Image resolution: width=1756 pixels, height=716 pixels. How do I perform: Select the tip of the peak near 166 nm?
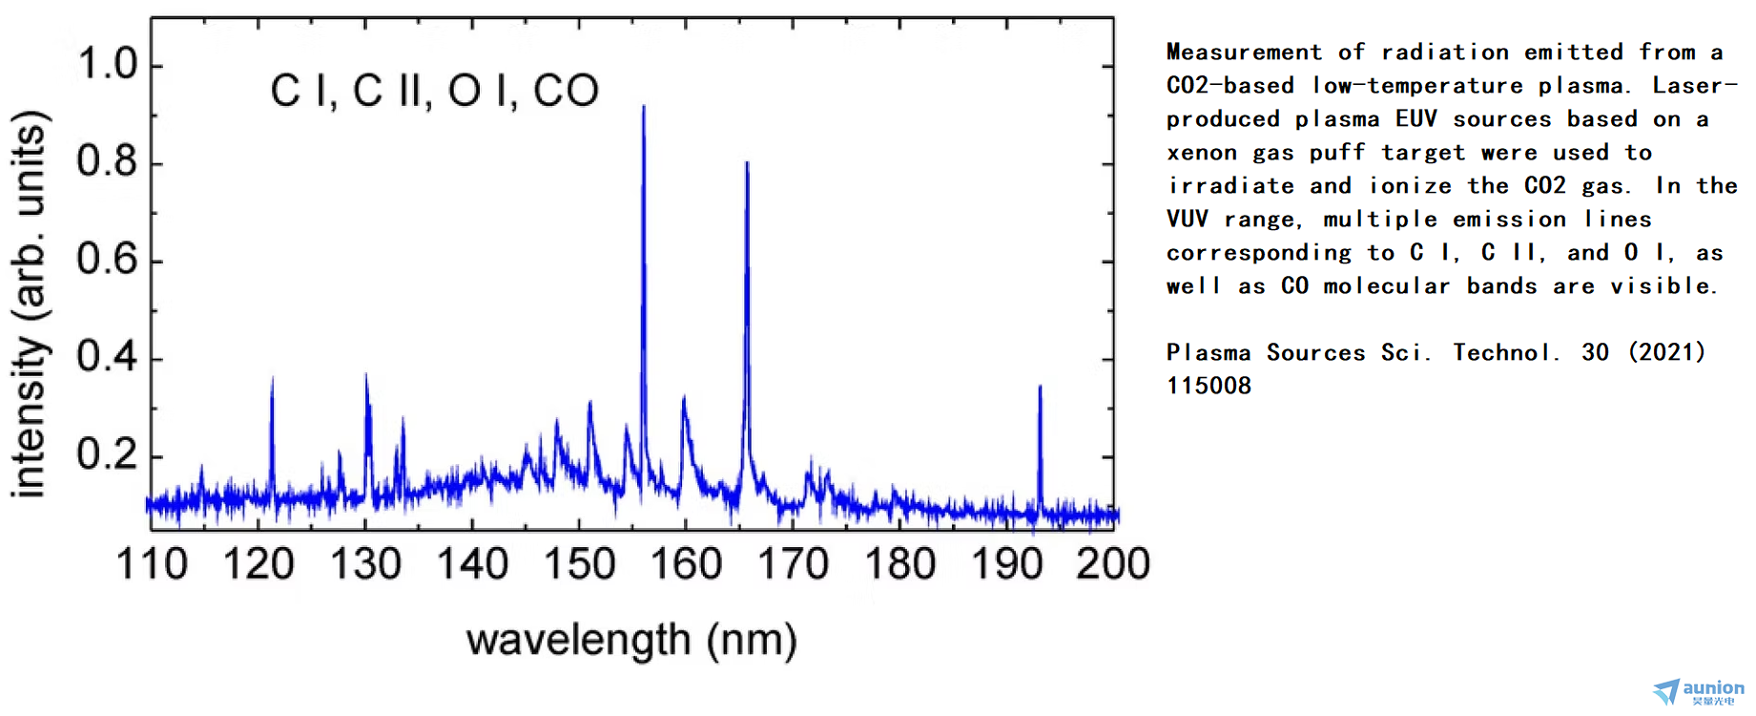747,164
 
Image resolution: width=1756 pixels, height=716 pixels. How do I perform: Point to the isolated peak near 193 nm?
1040,388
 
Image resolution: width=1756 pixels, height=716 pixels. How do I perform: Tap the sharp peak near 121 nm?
272,380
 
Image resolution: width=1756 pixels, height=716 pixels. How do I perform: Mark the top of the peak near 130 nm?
366,376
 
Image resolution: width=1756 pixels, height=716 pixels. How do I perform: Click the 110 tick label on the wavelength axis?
152,564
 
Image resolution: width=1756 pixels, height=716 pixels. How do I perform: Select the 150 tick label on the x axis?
579,564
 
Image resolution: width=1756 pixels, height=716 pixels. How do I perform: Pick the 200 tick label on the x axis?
1113,564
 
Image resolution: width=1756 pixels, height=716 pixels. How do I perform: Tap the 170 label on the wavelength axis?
793,564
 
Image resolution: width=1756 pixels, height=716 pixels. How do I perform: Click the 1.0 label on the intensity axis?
107,65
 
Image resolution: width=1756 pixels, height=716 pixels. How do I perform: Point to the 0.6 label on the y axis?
107,260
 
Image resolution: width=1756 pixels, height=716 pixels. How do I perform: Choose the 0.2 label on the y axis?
107,454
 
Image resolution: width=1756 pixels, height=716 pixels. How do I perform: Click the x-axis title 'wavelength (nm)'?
631,641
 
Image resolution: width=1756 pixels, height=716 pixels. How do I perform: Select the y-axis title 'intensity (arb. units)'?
29,304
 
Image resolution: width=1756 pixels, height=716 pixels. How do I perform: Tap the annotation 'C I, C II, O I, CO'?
435,92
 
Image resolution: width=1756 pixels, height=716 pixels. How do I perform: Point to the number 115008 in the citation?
1209,386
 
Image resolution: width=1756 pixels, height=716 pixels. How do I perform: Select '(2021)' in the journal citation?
1667,352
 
